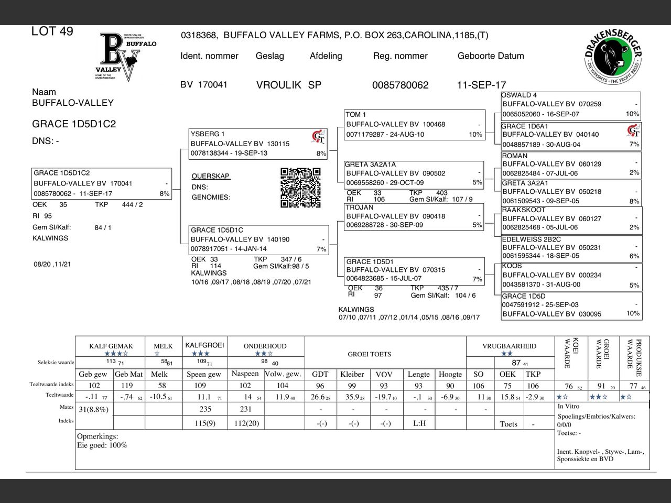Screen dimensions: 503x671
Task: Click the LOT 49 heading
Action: click(52, 31)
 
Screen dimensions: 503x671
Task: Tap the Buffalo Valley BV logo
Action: click(128, 57)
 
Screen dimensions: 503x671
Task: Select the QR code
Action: click(300, 188)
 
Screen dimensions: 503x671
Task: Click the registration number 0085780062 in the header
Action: click(400, 85)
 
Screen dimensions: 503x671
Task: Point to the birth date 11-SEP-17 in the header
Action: click(481, 85)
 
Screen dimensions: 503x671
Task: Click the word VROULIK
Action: click(278, 85)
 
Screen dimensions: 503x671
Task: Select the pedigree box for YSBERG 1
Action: click(258, 144)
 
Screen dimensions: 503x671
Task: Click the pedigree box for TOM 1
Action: click(414, 125)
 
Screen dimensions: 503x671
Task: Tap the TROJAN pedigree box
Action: click(414, 216)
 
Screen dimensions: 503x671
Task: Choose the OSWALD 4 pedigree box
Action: click(571, 105)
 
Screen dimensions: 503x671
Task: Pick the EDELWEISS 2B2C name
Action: click(532, 239)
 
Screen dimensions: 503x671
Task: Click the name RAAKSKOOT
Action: click(524, 210)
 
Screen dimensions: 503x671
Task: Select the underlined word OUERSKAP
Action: click(211, 176)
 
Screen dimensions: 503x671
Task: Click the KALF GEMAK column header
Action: click(111, 346)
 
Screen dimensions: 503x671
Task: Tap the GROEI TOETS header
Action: click(370, 354)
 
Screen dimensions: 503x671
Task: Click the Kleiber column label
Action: click(352, 374)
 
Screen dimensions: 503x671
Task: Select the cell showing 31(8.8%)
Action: click(94, 409)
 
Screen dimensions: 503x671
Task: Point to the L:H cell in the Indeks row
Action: click(419, 423)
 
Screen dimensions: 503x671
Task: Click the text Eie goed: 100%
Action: click(102, 445)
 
